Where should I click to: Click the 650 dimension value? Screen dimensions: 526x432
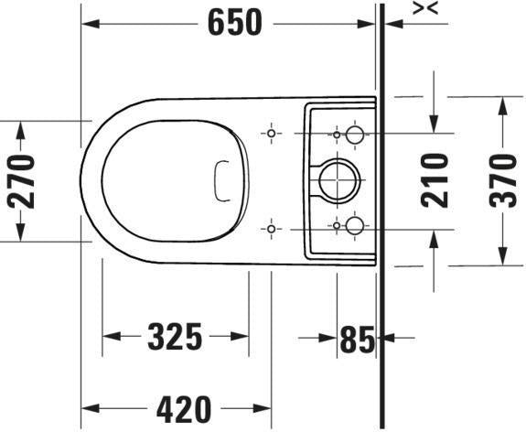pyautogui.click(x=234, y=23)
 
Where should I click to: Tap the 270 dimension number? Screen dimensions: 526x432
pyautogui.click(x=21, y=181)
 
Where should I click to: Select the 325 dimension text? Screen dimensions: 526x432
pyautogui.click(x=175, y=336)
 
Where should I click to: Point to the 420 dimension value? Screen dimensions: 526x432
pyautogui.click(x=184, y=409)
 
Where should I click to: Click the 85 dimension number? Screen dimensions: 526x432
pyautogui.click(x=358, y=339)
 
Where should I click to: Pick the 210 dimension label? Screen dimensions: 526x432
pyautogui.click(x=435, y=180)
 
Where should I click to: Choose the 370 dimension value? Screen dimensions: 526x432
pyautogui.click(x=502, y=180)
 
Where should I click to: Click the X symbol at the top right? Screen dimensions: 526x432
pyautogui.click(x=425, y=8)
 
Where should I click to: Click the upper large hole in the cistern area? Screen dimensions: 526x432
pyautogui.click(x=355, y=135)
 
